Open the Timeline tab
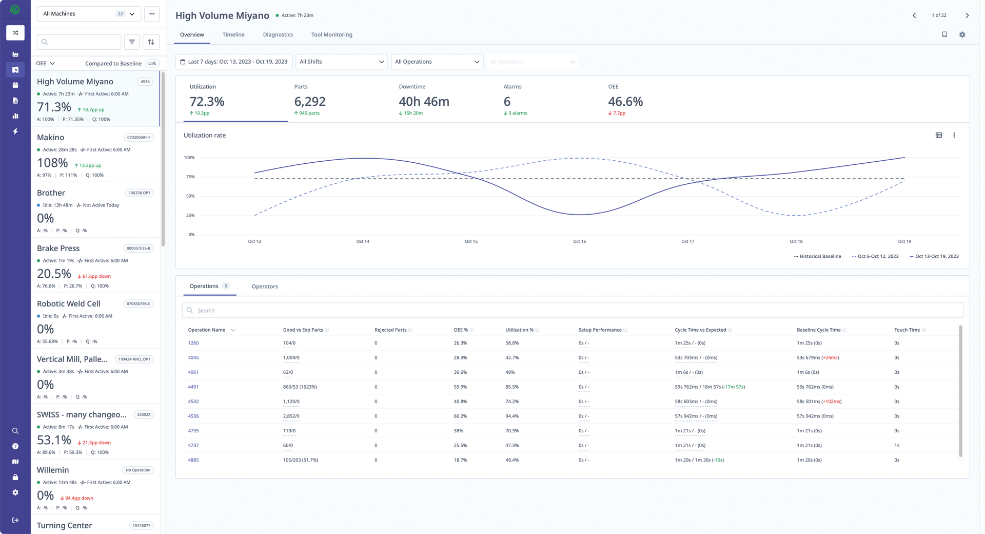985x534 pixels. (233, 35)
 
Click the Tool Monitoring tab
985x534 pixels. (331, 35)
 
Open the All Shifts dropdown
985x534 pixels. (341, 62)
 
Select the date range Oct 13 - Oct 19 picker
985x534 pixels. (234, 62)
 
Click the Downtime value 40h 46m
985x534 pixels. (424, 102)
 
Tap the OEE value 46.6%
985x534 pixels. (625, 102)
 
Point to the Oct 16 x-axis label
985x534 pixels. (579, 241)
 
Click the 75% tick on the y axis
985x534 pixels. (190, 177)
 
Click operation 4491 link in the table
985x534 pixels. (193, 387)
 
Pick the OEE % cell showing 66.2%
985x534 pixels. (460, 416)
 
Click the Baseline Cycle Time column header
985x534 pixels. (818, 330)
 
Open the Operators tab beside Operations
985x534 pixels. (265, 287)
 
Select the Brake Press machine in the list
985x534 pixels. (58, 249)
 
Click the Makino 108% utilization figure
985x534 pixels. (52, 163)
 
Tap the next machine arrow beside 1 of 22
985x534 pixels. (967, 15)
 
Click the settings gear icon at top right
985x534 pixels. (962, 35)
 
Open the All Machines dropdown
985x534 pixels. (88, 14)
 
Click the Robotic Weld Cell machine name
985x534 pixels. (69, 304)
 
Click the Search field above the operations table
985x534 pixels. (572, 311)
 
